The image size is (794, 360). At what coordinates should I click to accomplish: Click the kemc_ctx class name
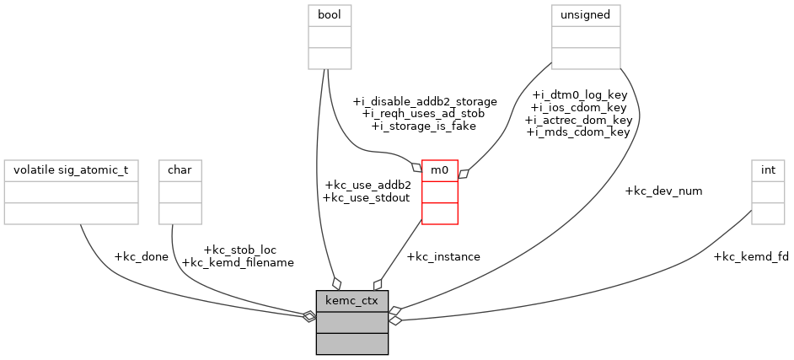(x=351, y=300)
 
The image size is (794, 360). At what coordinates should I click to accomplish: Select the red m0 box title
(x=439, y=170)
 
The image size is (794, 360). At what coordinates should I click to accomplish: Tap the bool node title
(x=330, y=15)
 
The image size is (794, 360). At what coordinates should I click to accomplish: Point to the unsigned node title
(x=586, y=15)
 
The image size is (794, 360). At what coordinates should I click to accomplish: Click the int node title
(x=768, y=170)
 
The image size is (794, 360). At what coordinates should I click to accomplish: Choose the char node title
(x=180, y=170)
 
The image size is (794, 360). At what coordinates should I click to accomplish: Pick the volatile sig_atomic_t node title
(x=71, y=170)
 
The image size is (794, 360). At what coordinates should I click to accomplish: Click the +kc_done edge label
(x=141, y=256)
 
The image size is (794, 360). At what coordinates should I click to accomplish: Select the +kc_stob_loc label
(x=240, y=250)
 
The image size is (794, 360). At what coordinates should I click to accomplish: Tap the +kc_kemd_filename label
(x=238, y=262)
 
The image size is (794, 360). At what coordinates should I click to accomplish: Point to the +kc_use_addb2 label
(x=367, y=185)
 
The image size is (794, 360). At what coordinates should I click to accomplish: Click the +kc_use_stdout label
(x=366, y=197)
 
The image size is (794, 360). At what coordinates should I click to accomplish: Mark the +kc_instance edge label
(x=443, y=256)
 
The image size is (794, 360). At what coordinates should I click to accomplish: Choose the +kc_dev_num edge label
(x=663, y=191)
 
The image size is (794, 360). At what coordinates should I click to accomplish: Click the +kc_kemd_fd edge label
(x=751, y=256)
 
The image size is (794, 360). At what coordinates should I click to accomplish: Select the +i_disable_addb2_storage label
(x=424, y=101)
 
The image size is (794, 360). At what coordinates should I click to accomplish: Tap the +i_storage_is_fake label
(x=424, y=126)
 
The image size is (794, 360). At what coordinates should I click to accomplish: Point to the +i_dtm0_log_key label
(x=579, y=95)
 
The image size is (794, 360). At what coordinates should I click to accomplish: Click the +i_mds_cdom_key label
(x=578, y=132)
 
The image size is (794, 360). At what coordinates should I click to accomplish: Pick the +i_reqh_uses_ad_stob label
(x=423, y=113)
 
